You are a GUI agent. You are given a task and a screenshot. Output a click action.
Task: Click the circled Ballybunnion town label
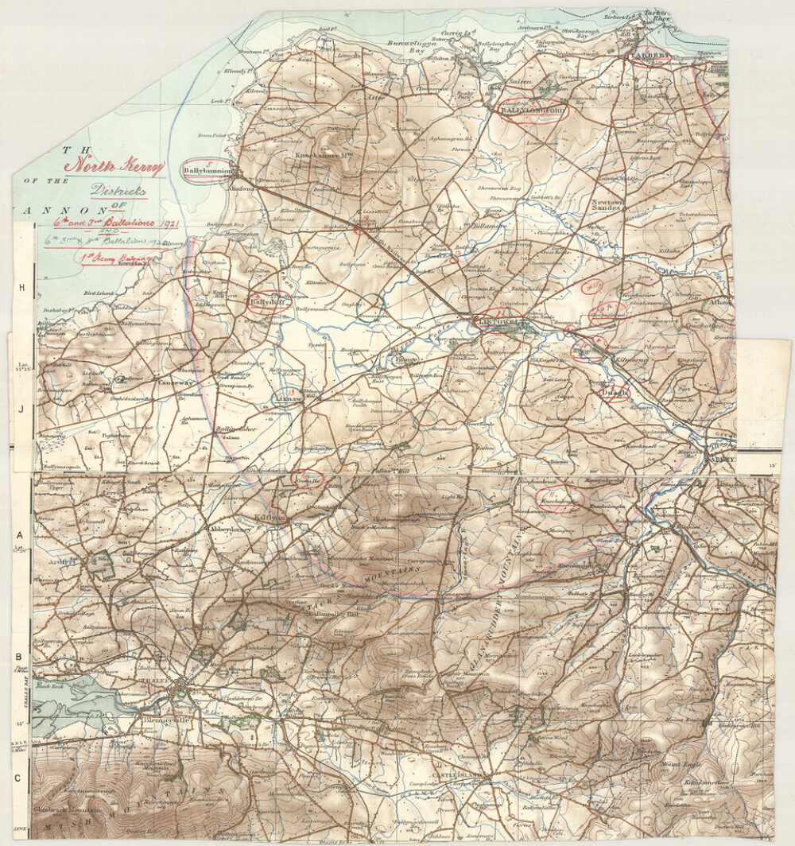[207, 170]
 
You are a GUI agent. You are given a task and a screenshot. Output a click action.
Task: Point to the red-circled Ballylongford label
[533, 111]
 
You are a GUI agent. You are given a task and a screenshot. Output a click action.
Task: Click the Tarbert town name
[650, 56]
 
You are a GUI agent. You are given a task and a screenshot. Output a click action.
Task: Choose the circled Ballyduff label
[267, 302]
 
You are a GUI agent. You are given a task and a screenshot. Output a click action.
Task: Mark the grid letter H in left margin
[22, 288]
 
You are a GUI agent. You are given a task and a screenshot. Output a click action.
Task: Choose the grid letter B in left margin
[17, 657]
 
